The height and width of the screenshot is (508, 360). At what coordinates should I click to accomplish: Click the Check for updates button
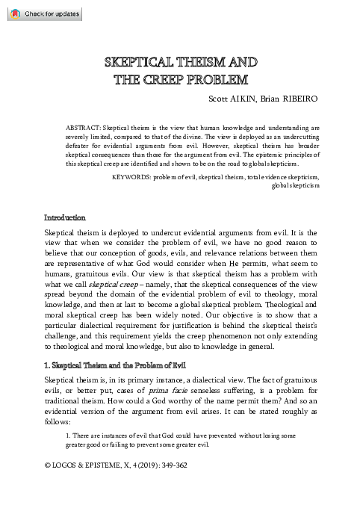pos(42,14)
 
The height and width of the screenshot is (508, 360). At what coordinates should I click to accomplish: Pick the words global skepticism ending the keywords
pos(296,185)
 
